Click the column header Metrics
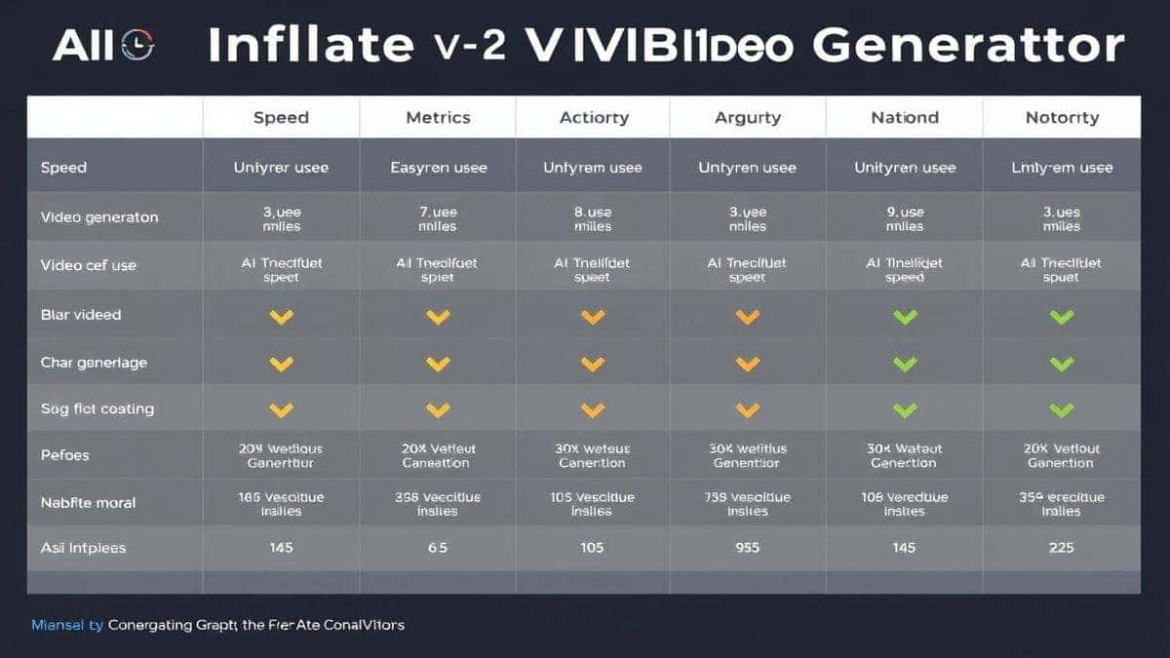pos(438,118)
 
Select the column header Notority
pos(1062,118)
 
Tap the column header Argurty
pos(748,118)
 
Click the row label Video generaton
pos(99,217)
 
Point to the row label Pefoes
pos(64,455)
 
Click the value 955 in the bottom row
pos(748,548)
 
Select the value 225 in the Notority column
pos(1061,548)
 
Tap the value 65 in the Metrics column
pos(438,548)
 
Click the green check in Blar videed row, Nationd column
pos(905,317)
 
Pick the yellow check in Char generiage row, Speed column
pos(281,364)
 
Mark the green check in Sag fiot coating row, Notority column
pos(1061,410)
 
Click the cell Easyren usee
pos(438,168)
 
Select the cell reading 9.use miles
pos(904,218)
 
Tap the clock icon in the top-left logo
pos(138,45)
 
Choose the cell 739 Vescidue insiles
pos(748,503)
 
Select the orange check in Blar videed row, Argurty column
pos(748,317)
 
